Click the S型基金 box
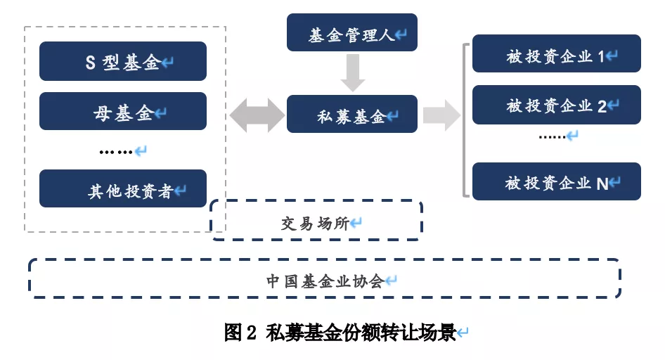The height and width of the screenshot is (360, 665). click(123, 62)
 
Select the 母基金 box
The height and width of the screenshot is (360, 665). click(123, 112)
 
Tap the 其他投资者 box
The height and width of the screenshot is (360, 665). click(123, 189)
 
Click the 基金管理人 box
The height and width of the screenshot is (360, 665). click(351, 33)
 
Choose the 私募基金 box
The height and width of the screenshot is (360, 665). click(351, 115)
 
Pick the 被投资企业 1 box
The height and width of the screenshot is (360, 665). click(556, 54)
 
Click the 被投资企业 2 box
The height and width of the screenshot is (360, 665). click(556, 105)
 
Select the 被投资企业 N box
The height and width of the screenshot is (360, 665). click(556, 182)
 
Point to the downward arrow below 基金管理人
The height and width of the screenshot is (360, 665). click(352, 73)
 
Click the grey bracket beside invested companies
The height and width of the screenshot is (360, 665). click(465, 120)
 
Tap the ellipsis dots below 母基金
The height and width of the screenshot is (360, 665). click(116, 151)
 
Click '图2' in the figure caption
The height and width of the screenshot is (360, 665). click(241, 333)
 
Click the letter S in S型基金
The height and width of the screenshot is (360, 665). click(90, 63)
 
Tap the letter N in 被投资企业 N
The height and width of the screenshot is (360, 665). click(602, 184)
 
